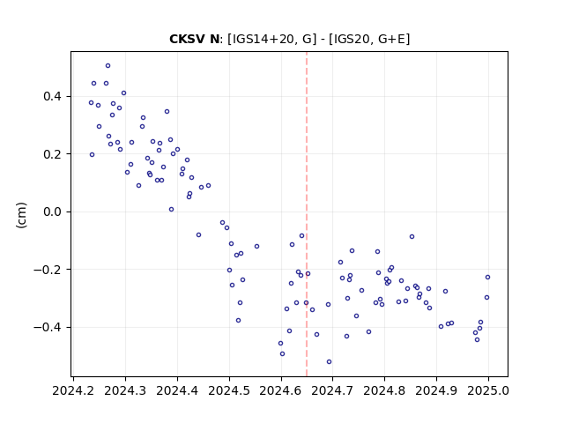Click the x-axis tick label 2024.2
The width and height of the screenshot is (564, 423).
coord(73,390)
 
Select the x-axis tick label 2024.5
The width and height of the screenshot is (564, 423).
coord(229,390)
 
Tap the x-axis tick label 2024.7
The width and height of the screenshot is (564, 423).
coord(333,390)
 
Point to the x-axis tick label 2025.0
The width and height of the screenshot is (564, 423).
coord(488,390)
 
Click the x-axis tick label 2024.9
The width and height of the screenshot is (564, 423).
coord(436,390)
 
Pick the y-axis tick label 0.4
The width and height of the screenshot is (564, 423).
coord(53,96)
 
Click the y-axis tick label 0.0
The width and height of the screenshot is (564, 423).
coord(53,211)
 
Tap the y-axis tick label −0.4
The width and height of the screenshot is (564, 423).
coord(48,327)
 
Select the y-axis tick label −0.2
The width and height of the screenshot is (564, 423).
coord(48,270)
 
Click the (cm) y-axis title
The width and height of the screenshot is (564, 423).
coord(21,215)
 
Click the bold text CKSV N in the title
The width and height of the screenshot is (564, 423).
coord(194,39)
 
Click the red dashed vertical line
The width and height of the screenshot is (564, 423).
coord(307,214)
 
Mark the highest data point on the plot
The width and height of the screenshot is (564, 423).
coord(108,66)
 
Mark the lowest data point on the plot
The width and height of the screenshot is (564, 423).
coord(329,362)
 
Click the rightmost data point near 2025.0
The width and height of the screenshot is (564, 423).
coord(487,278)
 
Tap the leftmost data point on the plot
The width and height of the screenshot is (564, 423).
coord(91,103)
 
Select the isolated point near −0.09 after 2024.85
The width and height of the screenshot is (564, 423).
coord(412,237)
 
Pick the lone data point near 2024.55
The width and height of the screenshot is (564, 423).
coord(256,247)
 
